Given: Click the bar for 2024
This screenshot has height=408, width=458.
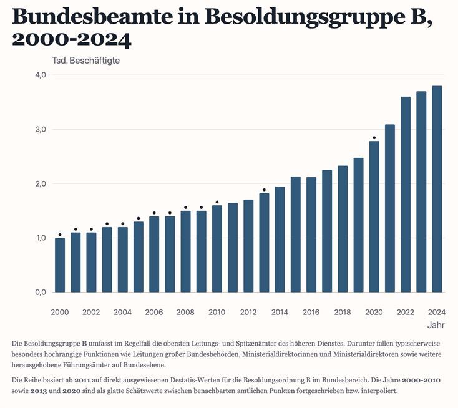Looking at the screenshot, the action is [437, 189].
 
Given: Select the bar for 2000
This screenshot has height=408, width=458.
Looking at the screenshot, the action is [60, 265].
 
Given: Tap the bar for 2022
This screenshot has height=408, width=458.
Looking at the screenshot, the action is [406, 195].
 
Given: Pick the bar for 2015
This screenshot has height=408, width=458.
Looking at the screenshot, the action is [296, 235].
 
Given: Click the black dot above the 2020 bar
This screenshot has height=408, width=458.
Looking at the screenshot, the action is [374, 137].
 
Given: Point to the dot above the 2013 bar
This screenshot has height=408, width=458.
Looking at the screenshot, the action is [264, 190].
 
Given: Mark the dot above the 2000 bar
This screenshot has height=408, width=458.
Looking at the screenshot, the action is [60, 235].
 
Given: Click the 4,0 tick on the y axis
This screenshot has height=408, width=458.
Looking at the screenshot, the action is [41, 75].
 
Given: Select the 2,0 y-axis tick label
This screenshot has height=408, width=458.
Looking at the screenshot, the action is [41, 183].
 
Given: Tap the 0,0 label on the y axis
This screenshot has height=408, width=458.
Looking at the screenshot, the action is [41, 293].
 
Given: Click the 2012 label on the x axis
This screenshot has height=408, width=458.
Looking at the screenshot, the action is [248, 312].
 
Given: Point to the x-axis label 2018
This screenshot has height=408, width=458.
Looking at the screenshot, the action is [343, 312].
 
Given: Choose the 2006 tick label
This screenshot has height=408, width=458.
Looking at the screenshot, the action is [154, 312].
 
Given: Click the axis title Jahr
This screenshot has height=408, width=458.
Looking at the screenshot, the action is [436, 325].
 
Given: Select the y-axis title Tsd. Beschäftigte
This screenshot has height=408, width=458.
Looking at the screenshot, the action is [86, 61].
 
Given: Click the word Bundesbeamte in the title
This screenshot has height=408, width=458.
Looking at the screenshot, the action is [92, 16].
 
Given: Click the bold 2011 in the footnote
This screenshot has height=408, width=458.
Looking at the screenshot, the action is [82, 381].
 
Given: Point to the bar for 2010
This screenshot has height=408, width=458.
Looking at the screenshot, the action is [217, 249].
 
